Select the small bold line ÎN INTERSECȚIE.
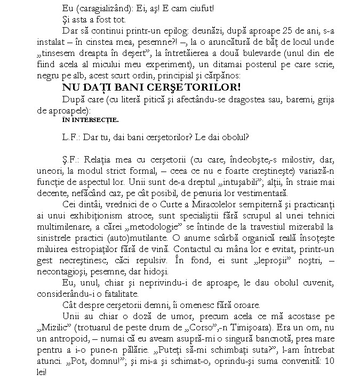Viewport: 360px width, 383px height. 90,119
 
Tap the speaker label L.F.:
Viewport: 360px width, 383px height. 70,136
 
